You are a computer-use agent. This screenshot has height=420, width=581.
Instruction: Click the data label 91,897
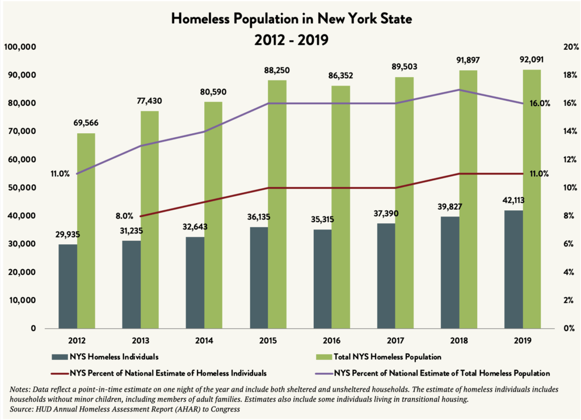[469, 60]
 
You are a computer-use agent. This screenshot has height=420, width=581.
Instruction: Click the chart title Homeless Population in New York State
[291, 19]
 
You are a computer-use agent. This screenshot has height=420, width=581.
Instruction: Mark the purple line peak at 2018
[459, 90]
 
